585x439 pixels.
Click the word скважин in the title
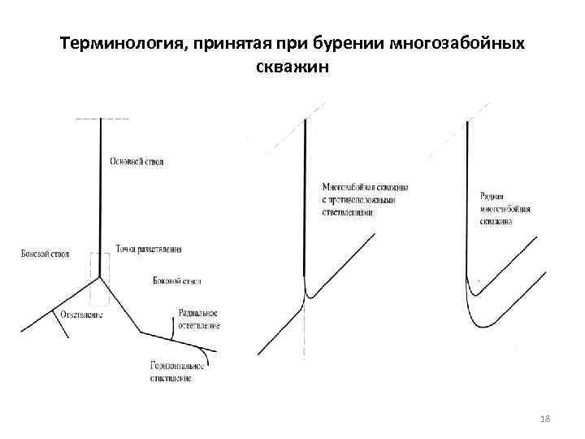(292, 67)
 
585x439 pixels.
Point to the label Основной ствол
(136, 162)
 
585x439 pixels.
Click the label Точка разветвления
(149, 249)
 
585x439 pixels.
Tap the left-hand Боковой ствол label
(45, 254)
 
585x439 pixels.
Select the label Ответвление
(81, 314)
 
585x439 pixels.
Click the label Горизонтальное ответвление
(176, 372)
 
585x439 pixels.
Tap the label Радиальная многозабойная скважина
(505, 208)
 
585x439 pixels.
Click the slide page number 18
(545, 418)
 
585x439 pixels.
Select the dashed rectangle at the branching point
(99, 267)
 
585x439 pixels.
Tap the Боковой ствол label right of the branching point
(176, 281)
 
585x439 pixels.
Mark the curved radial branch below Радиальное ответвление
(174, 325)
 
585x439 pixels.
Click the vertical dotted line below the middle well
(304, 333)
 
